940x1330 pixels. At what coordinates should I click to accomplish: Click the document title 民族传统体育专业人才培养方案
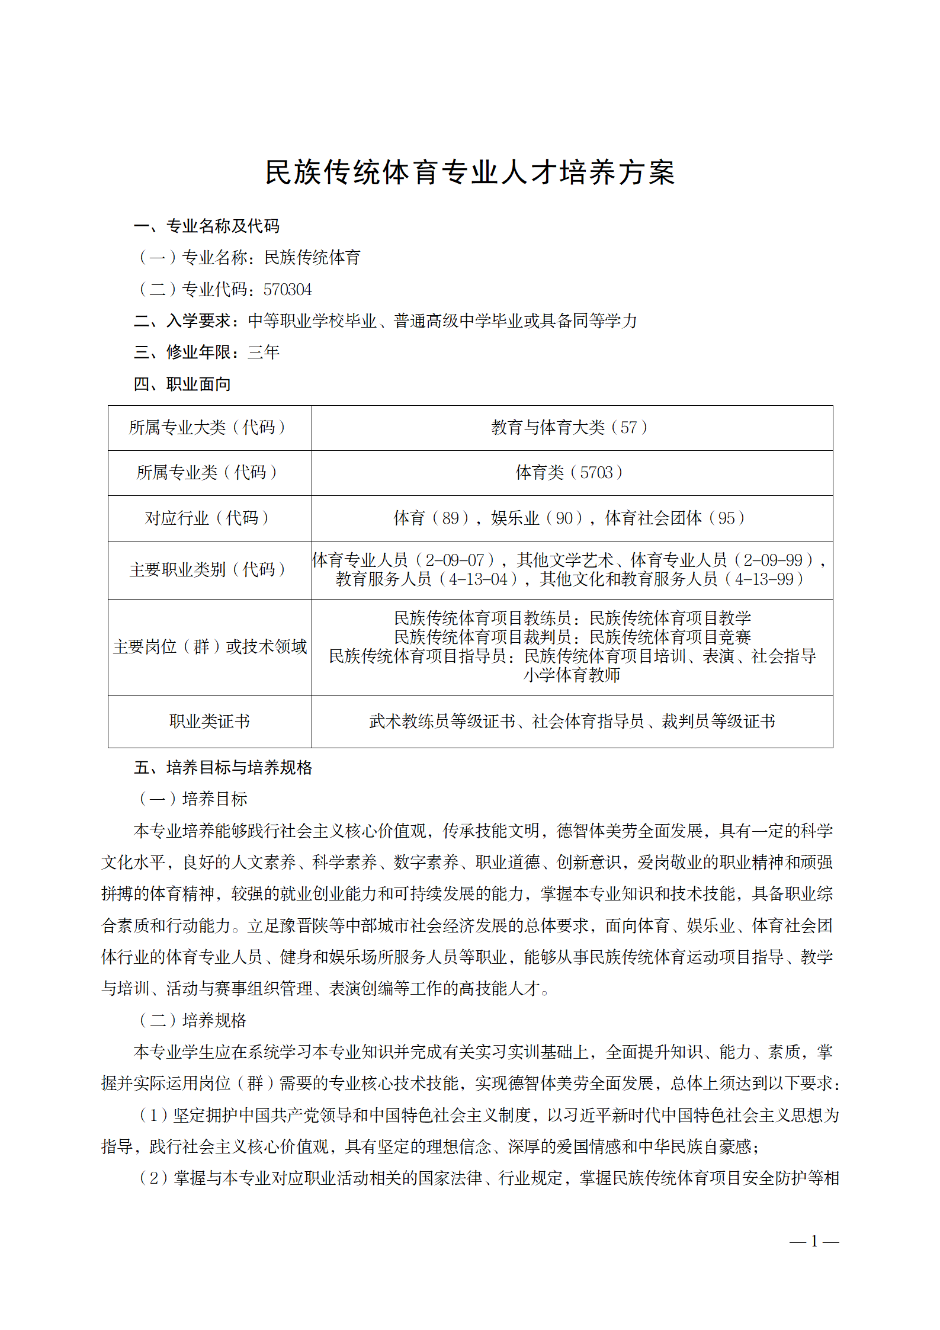[470, 172]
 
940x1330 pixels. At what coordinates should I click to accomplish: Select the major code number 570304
[287, 290]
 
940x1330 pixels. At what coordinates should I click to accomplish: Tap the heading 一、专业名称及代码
[206, 226]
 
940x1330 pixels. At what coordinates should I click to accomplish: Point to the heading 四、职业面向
[182, 384]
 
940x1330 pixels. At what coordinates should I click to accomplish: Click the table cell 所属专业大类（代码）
[209, 428]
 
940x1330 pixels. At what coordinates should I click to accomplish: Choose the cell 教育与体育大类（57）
[572, 428]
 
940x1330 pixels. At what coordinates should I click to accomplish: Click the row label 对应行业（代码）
[209, 518]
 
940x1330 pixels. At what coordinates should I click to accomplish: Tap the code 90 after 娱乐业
[564, 518]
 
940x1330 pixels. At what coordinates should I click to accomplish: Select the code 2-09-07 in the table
[455, 560]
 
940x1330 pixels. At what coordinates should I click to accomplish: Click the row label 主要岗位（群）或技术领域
[210, 647]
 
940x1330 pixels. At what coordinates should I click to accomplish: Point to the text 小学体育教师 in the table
[572, 675]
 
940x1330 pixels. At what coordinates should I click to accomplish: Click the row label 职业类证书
[210, 722]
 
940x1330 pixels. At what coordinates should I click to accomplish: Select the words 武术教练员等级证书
[442, 722]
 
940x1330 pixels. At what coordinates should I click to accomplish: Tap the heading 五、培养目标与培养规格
[223, 768]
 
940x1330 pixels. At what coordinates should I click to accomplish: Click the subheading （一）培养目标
[193, 799]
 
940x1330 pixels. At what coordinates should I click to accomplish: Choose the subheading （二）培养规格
[193, 1020]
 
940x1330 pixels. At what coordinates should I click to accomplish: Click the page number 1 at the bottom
[814, 1241]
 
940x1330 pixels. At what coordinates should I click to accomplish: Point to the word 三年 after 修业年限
[264, 352]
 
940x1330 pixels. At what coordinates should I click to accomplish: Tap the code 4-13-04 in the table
[479, 579]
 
